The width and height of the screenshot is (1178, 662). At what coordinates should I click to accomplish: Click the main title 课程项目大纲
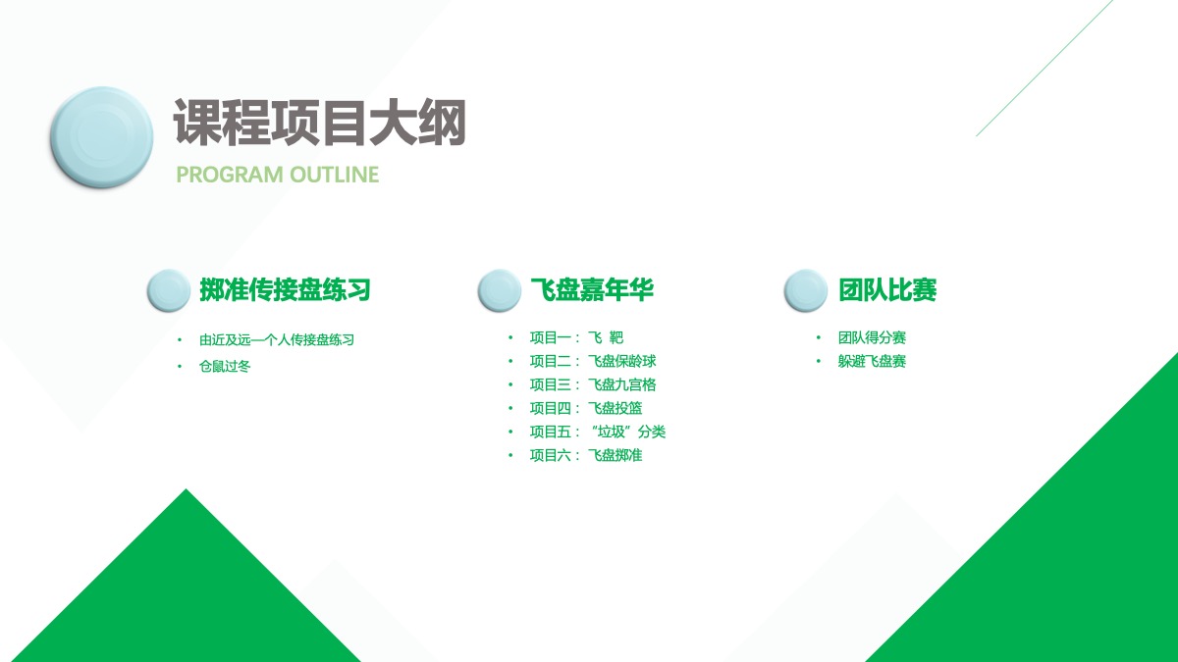[320, 123]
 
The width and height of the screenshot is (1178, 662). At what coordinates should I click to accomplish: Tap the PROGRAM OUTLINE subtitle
[278, 175]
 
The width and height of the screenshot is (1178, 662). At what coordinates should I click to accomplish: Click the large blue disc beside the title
[102, 137]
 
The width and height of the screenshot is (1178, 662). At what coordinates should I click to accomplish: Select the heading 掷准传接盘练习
[285, 290]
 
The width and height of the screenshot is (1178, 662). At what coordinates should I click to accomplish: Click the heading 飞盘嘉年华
[592, 290]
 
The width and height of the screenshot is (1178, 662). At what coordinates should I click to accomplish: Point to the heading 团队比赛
[887, 290]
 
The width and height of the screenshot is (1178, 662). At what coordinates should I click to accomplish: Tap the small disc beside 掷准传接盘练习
[169, 290]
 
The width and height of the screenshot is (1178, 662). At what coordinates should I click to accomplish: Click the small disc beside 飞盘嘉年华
[500, 290]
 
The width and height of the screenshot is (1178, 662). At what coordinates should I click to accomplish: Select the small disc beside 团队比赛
[806, 290]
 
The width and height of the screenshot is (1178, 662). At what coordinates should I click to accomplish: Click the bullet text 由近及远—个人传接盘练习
[277, 340]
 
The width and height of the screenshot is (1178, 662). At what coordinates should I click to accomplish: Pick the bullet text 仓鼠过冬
[225, 366]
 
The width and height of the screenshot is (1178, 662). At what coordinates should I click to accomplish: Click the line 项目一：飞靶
[576, 337]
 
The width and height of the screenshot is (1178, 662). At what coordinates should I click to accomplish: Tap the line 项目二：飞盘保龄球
[593, 361]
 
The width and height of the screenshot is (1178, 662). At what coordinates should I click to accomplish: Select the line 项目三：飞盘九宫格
[593, 384]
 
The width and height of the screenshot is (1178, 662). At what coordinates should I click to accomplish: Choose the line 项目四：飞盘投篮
[586, 408]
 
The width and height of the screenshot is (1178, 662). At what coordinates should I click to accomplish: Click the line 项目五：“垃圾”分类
[598, 432]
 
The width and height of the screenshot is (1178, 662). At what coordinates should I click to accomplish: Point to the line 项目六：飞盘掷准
[586, 455]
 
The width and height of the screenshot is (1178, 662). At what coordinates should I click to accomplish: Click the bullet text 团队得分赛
[872, 337]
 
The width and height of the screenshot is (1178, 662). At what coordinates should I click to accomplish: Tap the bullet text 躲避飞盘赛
[872, 361]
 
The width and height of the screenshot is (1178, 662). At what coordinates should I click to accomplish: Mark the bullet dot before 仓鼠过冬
[180, 366]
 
